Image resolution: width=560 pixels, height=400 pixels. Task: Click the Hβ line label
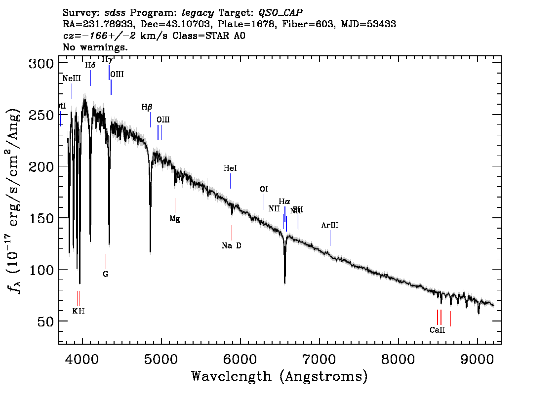pos(147,107)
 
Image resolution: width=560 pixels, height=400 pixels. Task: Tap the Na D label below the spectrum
pos(231,245)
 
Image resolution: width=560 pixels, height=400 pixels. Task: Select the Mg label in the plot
pos(175,218)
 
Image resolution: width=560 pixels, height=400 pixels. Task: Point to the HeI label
pos(230,168)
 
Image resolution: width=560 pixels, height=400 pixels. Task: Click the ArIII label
pos(330,225)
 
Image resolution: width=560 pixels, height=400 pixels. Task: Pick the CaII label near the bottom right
pos(437,330)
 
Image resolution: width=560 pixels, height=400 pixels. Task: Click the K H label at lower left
pos(79,311)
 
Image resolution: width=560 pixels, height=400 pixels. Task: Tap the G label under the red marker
pos(105,274)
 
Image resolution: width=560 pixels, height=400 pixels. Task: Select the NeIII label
pos(72,79)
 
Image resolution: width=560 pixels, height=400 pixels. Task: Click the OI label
pos(264,189)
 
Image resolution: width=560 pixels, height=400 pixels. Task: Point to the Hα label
pos(284,201)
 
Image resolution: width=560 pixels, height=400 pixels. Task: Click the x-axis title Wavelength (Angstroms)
pos(280,376)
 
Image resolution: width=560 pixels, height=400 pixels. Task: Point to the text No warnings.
pos(95,47)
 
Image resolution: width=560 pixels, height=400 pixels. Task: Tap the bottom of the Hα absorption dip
pos(285,282)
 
